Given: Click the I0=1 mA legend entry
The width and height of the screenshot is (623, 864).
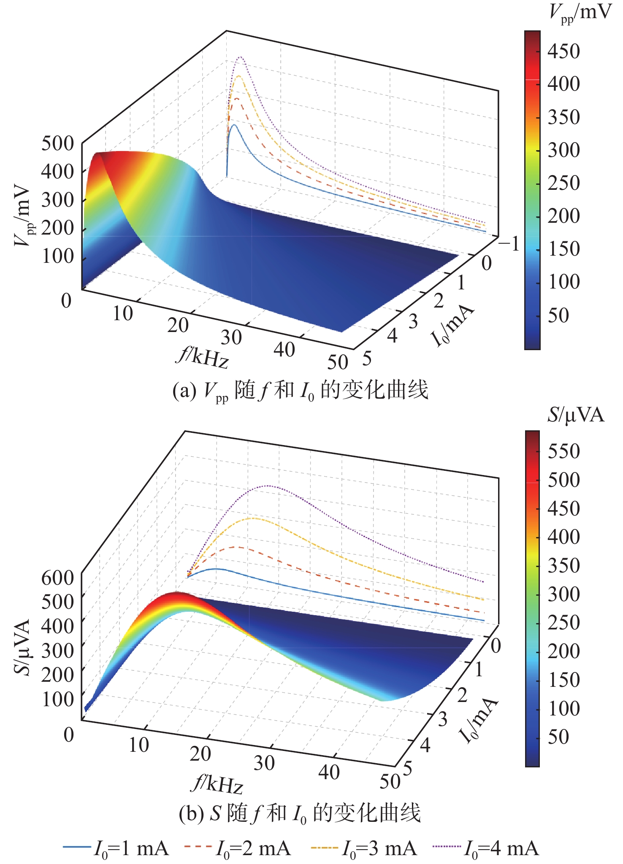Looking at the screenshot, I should click(116, 848).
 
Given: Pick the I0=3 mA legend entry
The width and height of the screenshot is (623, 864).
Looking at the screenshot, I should click(364, 848).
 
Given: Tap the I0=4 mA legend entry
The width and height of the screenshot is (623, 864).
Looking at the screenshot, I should click(486, 848).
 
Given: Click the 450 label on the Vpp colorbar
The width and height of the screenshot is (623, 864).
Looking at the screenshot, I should click(563, 51).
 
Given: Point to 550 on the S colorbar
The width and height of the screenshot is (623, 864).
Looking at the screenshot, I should click(563, 451).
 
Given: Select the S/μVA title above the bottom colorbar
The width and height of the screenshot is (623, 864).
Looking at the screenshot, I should click(575, 415).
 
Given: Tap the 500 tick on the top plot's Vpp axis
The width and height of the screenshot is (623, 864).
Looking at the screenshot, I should click(57, 144).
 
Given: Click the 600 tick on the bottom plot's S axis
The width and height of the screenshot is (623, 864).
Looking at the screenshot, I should click(57, 577).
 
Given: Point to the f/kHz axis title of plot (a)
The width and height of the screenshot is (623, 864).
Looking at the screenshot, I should click(203, 358).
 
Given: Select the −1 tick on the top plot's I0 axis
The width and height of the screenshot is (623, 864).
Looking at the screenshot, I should click(509, 244).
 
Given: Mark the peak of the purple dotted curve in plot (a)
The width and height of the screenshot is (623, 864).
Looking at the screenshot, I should click(241, 57).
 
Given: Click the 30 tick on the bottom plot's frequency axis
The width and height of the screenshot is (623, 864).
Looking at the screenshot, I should click(264, 762).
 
